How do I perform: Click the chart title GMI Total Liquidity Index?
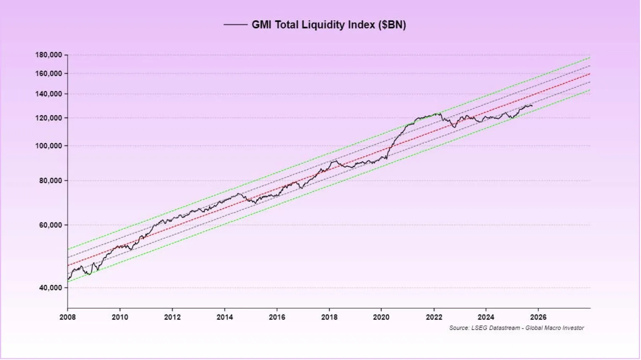(x=329, y=24)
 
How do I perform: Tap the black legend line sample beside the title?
(x=235, y=24)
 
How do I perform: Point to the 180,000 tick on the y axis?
(x=49, y=55)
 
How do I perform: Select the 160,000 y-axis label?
(x=49, y=73)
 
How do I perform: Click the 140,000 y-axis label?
(x=49, y=94)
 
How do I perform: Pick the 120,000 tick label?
(x=49, y=118)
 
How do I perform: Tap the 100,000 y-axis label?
(x=49, y=146)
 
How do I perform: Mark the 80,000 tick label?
(x=50, y=180)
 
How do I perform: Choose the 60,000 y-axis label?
(x=50, y=225)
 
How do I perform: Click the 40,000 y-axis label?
(x=50, y=288)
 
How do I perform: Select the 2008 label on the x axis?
(x=67, y=317)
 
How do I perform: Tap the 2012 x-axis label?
(x=172, y=317)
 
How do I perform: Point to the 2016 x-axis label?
(x=277, y=317)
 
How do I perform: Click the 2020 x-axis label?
(x=381, y=317)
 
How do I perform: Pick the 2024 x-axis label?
(x=486, y=317)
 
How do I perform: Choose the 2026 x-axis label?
(x=538, y=317)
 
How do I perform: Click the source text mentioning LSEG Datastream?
(x=516, y=328)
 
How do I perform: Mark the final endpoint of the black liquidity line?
(x=532, y=106)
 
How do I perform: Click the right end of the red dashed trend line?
(x=590, y=74)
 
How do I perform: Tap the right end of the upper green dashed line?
(x=590, y=58)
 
